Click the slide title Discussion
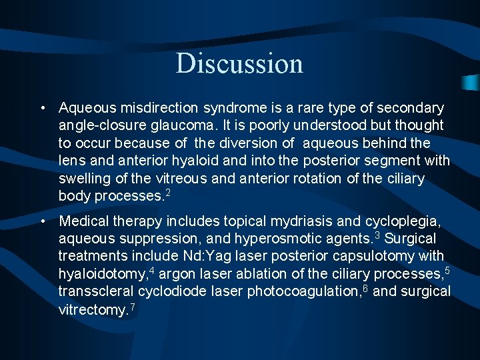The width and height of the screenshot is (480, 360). click(x=239, y=63)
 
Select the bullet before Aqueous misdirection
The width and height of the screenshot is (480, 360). click(x=42, y=108)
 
